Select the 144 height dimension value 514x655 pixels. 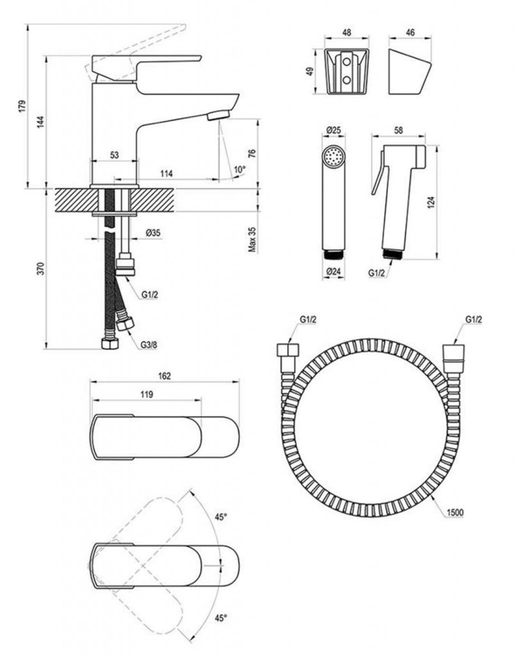pyautogui.click(x=40, y=122)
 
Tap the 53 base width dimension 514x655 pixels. pyautogui.click(x=115, y=155)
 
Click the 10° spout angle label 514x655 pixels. pyautogui.click(x=239, y=170)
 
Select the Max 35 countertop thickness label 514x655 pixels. pyautogui.click(x=252, y=238)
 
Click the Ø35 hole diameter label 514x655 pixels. pyautogui.click(x=152, y=233)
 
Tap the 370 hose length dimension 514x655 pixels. pyautogui.click(x=40, y=269)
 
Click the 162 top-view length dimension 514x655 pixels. pyautogui.click(x=165, y=376)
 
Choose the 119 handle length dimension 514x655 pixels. pyautogui.click(x=146, y=395)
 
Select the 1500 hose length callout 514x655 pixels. pyautogui.click(x=456, y=512)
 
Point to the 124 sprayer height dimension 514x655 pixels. pyautogui.click(x=430, y=203)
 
